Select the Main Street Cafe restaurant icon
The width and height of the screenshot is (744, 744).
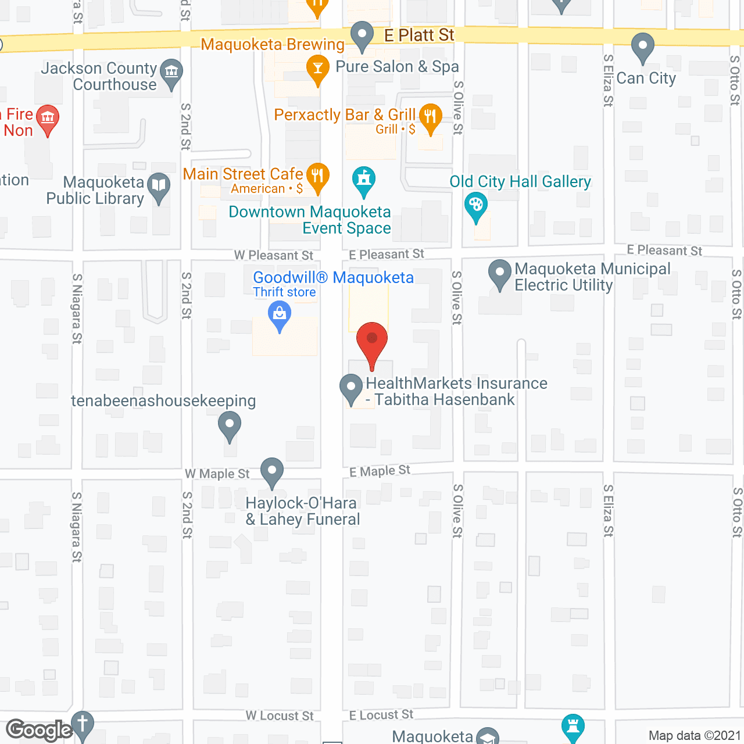click(317, 176)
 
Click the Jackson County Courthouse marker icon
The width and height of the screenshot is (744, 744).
click(171, 73)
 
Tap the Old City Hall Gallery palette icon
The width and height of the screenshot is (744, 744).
click(475, 205)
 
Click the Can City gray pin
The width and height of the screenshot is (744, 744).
click(642, 46)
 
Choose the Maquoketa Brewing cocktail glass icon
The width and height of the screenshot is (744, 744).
click(317, 67)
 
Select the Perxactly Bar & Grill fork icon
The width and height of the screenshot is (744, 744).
click(430, 116)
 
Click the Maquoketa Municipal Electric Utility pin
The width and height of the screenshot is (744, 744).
click(499, 273)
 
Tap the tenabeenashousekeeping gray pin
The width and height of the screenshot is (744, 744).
click(230, 425)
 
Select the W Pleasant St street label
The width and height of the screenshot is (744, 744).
click(273, 255)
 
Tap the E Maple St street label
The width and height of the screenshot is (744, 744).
click(380, 471)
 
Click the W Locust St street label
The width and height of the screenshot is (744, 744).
click(279, 716)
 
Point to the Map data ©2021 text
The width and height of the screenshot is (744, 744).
click(695, 735)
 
